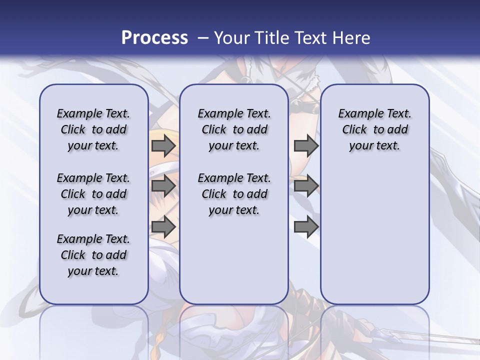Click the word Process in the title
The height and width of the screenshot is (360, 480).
point(154,37)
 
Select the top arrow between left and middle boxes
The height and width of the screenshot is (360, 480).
point(163,145)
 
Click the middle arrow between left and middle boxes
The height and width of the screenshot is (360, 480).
point(163,186)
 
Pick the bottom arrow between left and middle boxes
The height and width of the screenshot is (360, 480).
point(163,226)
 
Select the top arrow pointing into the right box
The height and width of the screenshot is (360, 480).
point(306,145)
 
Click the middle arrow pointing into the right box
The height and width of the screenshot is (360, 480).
point(306,186)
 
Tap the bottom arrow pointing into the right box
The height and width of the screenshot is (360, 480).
point(306,226)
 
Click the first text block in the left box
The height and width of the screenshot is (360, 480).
point(93,129)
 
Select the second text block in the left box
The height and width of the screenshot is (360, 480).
point(93,194)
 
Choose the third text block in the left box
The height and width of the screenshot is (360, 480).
point(93,255)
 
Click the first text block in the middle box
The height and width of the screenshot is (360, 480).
point(234,129)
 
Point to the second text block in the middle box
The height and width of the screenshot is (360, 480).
point(234,194)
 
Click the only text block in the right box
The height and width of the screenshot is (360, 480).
point(375,129)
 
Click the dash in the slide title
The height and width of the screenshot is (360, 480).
point(203,38)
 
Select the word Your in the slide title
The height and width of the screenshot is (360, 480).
point(231,37)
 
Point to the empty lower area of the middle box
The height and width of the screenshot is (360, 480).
point(234,260)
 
